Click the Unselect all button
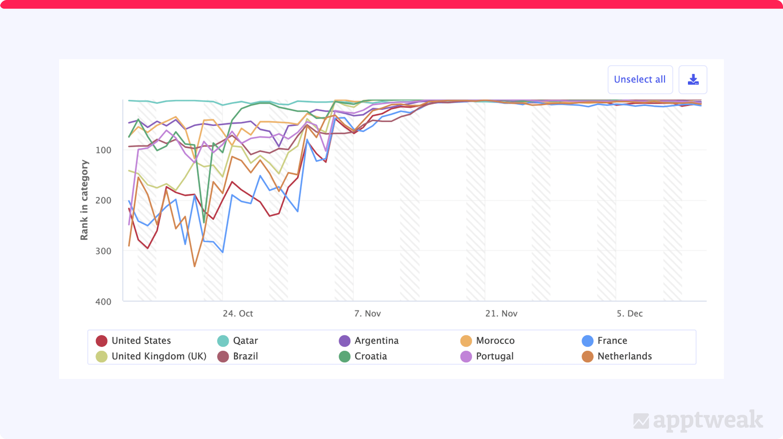pos(640,79)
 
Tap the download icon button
pos(693,79)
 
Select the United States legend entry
pos(134,340)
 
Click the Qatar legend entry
pos(238,340)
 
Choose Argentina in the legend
pos(369,340)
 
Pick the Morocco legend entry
pos(488,340)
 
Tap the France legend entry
pos(605,340)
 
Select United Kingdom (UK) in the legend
pos(151,356)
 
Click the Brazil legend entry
pos(238,356)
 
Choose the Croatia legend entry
pos(363,356)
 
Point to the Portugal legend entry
pos(487,356)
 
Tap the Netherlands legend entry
pos(617,356)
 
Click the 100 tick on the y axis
pos(103,150)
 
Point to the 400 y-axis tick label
pos(103,302)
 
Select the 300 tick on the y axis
pos(103,251)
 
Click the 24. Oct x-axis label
pos(238,314)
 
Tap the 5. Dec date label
pos(629,314)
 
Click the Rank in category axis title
pos(84,200)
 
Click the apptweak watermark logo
pos(698,421)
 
